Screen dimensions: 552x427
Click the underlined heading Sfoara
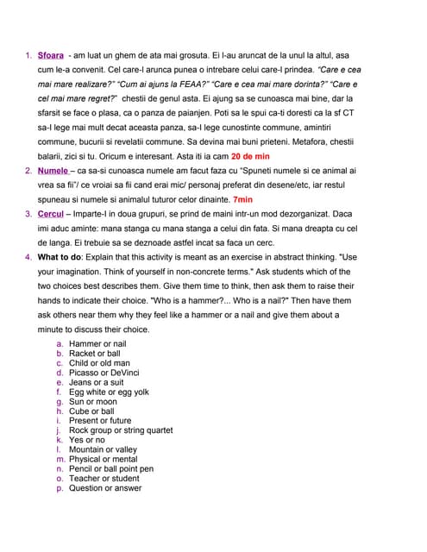[x=51, y=55]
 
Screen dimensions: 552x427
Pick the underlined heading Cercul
[x=51, y=215]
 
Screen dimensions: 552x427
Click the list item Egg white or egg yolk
[x=109, y=392]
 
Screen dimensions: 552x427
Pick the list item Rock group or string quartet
[x=121, y=430]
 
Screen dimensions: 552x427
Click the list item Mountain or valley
[x=103, y=450]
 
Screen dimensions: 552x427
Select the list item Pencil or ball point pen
[x=111, y=469]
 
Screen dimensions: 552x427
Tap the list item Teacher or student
[x=104, y=479]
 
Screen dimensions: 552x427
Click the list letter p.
[x=60, y=488]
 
